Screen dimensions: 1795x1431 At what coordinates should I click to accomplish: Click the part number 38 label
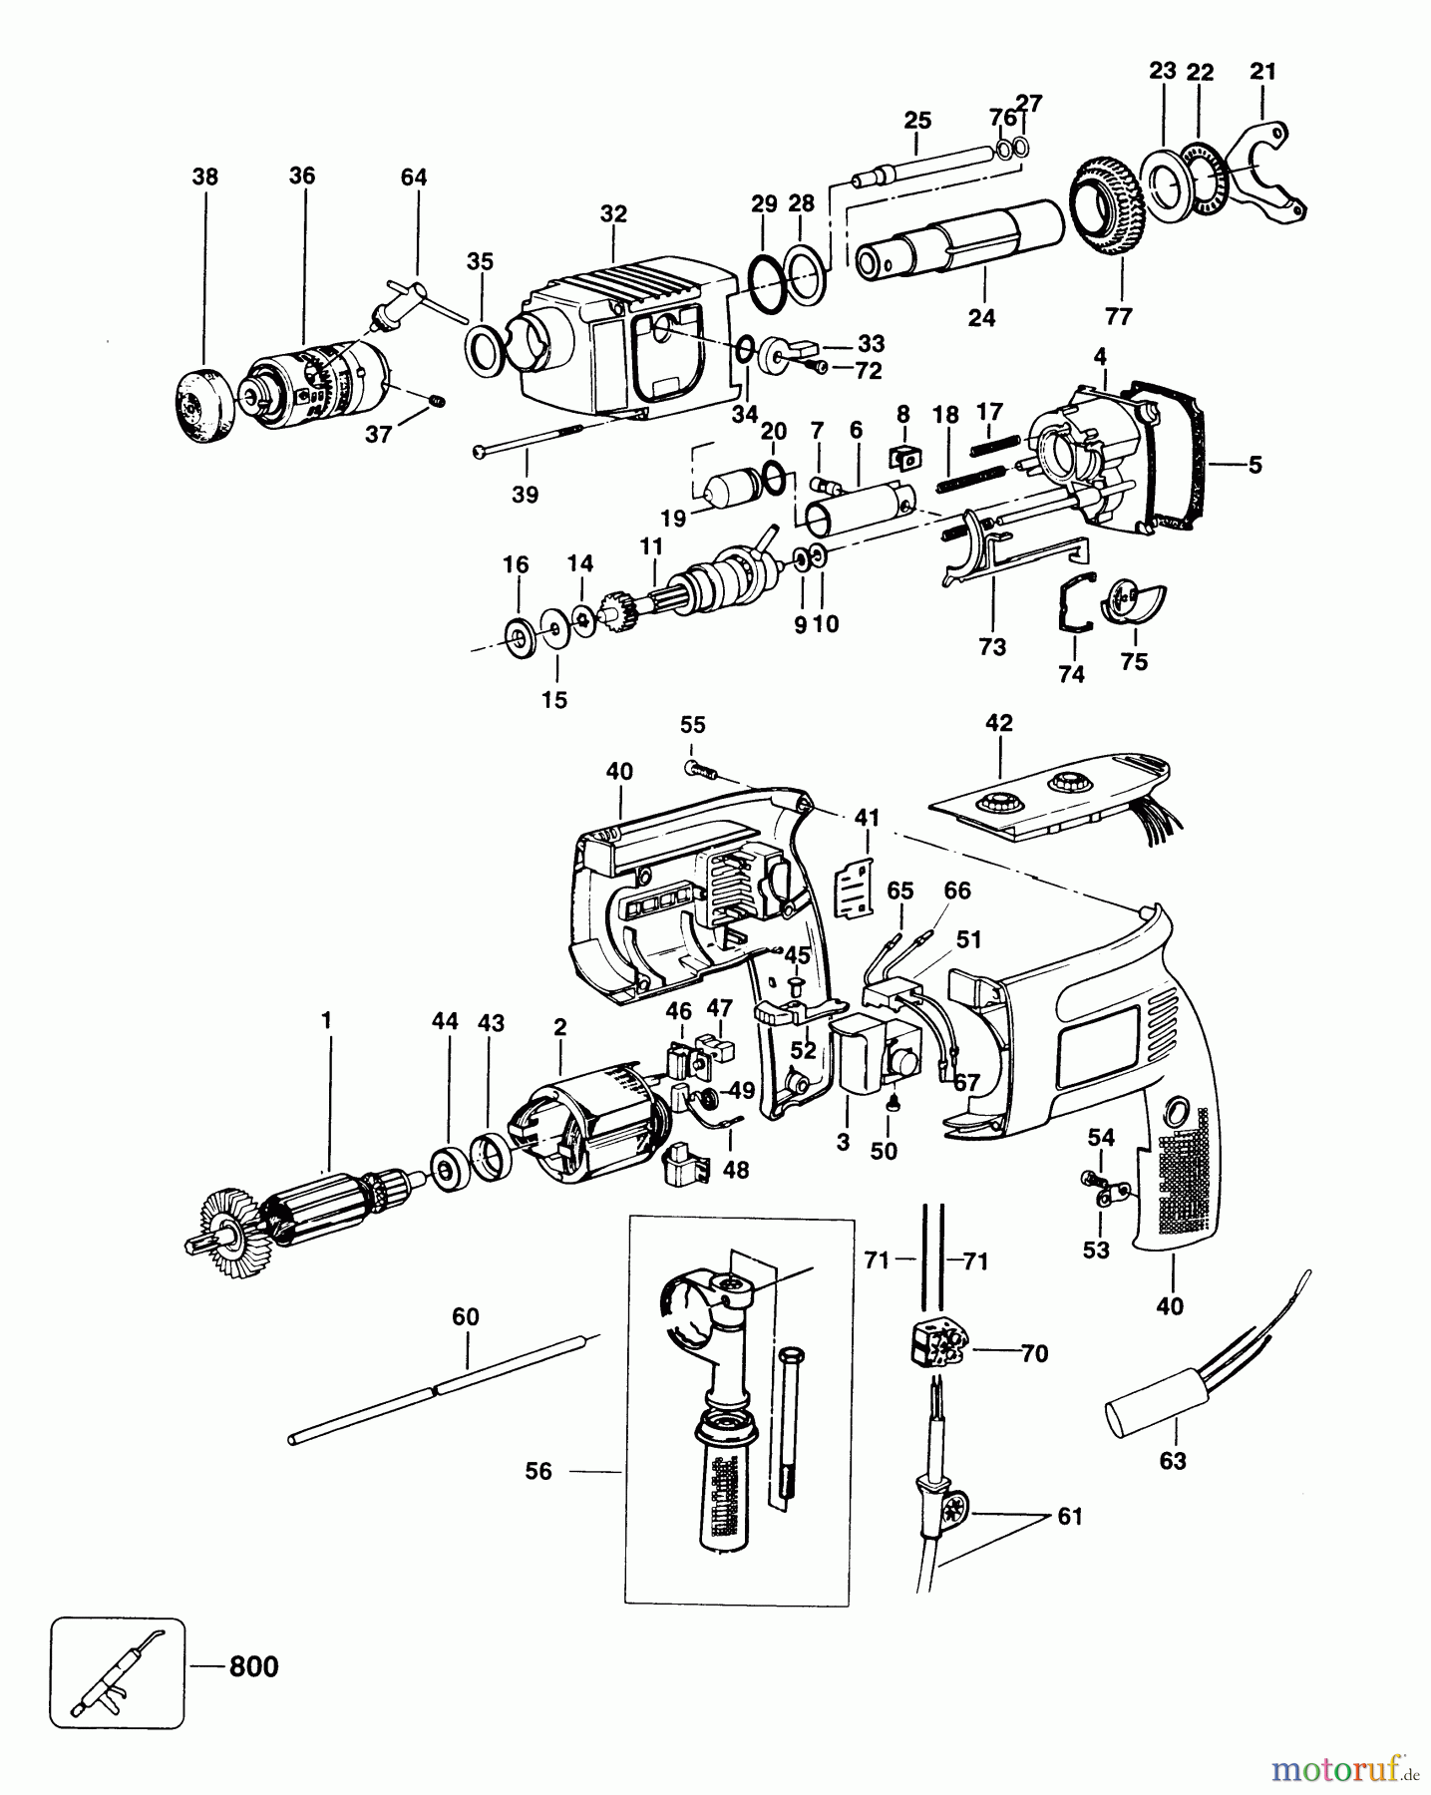pyautogui.click(x=204, y=177)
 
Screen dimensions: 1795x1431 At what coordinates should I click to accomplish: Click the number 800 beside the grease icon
pyautogui.click(x=253, y=1666)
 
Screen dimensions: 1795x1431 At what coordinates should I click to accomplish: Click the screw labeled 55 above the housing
pyautogui.click(x=697, y=769)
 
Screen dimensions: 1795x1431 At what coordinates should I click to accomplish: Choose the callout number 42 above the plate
pyautogui.click(x=998, y=723)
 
